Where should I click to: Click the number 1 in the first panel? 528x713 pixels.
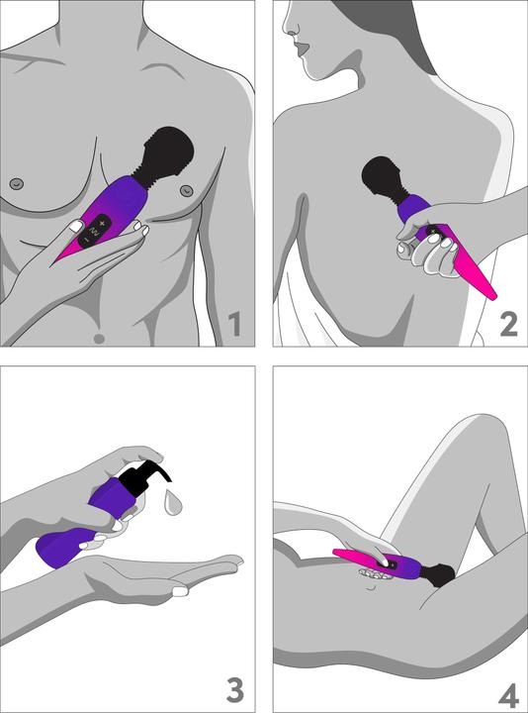234,324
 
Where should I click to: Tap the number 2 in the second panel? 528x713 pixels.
507,323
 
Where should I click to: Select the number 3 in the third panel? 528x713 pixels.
234,688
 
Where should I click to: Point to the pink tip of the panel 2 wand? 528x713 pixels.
486,290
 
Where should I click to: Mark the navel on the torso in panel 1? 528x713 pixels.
98,338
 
